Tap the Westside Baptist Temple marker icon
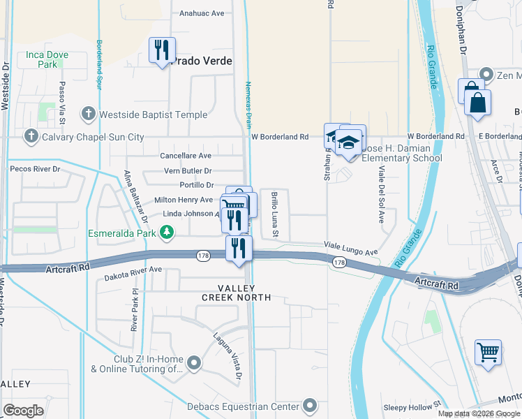pos(88,113)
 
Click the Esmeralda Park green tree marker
pos(166,232)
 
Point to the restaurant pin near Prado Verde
pos(162,50)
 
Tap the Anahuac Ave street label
pos(202,13)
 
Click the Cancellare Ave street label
pos(185,156)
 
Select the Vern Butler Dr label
pos(187,171)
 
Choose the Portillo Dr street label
pos(196,185)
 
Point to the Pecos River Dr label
pos(35,169)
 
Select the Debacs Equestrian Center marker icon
pos(310,405)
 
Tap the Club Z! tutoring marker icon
pos(194,362)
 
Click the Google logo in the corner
pos(23,410)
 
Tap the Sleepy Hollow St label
pos(412,404)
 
